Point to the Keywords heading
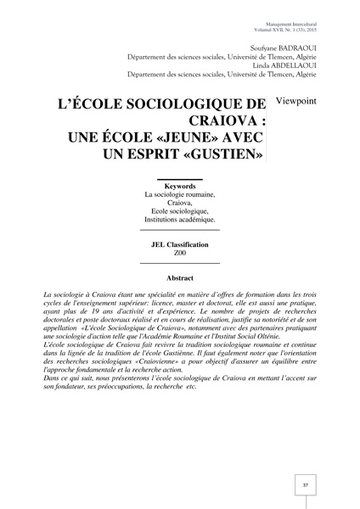pos(179,185)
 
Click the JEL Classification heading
pos(179,244)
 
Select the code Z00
pos(179,254)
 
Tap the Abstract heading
pos(179,278)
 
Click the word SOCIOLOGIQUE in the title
pos(167,105)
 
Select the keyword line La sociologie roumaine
pos(179,194)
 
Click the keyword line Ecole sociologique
pos(179,210)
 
